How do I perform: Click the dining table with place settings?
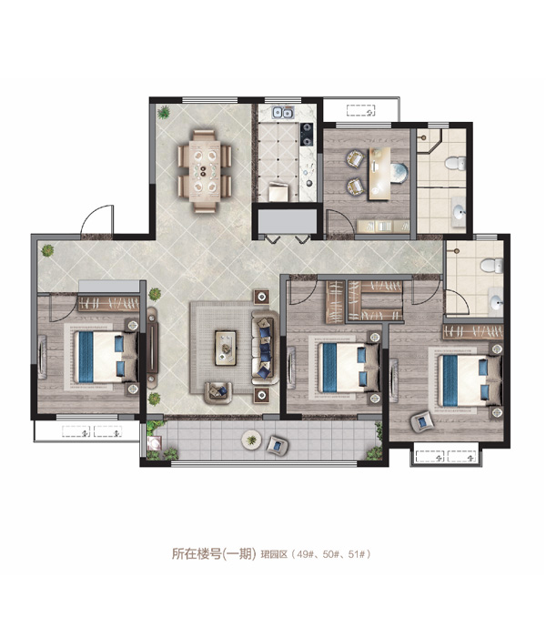(x=205, y=171)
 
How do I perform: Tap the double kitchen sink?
(x=283, y=112)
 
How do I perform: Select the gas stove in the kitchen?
(x=307, y=135)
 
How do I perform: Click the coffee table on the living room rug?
(x=226, y=348)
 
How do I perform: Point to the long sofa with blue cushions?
(x=263, y=347)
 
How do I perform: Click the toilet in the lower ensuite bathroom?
(x=492, y=266)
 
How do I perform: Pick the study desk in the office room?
(x=379, y=174)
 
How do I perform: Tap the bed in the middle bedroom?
(x=349, y=368)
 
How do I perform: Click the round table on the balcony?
(x=251, y=440)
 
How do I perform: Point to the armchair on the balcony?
(x=278, y=445)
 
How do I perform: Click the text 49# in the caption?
(x=304, y=553)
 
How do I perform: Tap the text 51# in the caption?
(x=356, y=553)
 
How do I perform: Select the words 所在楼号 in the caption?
(x=197, y=553)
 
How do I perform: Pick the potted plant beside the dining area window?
(x=163, y=112)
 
